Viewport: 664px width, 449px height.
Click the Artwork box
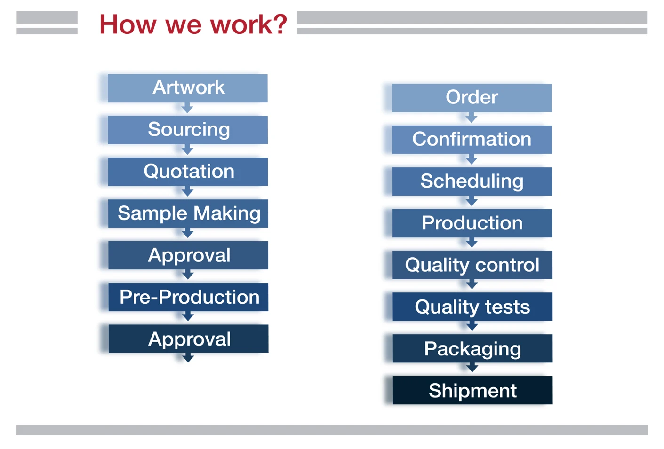click(x=188, y=88)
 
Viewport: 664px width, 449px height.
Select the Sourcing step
click(x=188, y=130)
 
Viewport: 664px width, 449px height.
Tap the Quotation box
click(x=188, y=172)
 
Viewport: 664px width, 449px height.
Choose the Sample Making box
click(x=188, y=213)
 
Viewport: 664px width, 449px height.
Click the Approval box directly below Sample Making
click(x=188, y=255)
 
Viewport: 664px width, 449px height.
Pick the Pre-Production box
click(x=189, y=297)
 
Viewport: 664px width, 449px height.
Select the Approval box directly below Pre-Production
click(x=189, y=339)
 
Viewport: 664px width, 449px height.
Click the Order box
click(x=472, y=98)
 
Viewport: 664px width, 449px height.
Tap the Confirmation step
click(x=472, y=140)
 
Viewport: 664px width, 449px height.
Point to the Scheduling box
click(x=472, y=181)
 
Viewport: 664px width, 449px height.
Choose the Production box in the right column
click(x=472, y=223)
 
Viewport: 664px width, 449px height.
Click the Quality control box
click(x=472, y=265)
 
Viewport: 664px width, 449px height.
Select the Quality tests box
click(x=472, y=307)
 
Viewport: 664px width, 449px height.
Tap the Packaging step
click(x=473, y=349)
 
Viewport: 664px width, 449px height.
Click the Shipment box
click(x=473, y=391)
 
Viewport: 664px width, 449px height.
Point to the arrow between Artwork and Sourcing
click(x=187, y=109)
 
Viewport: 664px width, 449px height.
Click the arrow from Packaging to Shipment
click(x=472, y=369)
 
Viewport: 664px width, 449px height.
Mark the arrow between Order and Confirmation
click(x=472, y=118)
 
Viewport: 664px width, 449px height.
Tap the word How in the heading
click(x=128, y=24)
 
